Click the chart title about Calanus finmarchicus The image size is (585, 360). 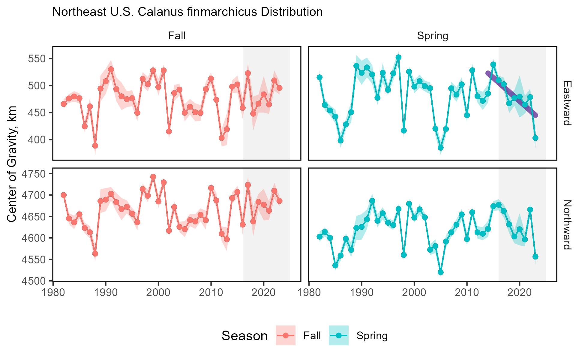coord(187,12)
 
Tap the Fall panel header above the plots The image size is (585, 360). coord(177,36)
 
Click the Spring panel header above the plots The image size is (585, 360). coord(433,36)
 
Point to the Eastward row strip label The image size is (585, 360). coord(567,103)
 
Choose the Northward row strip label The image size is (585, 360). coord(567,225)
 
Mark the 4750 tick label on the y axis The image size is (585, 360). coord(34,174)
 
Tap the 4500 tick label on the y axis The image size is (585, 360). coord(34,281)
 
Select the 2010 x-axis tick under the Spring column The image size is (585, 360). coord(466,292)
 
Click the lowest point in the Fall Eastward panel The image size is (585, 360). coord(95,146)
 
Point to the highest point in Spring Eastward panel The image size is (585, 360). coord(398,58)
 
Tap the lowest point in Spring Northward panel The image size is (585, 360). coord(441,272)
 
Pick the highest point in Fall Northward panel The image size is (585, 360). coord(153,177)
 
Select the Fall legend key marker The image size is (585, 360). coord(286,335)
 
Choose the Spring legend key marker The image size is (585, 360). coord(339,335)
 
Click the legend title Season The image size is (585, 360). coord(244,336)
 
